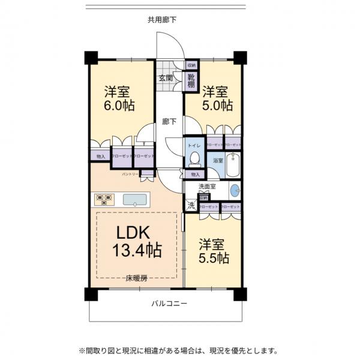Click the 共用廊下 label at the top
pos(162,19)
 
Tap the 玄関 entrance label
pos(166,79)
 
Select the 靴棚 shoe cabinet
pos(191,80)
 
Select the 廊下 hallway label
pos(169,122)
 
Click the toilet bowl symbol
pos(194,158)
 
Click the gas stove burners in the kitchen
pos(103,199)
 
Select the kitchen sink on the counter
pos(136,199)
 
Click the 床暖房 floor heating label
pos(136,278)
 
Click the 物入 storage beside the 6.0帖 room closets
pos(100,157)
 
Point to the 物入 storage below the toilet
pos(194,174)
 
